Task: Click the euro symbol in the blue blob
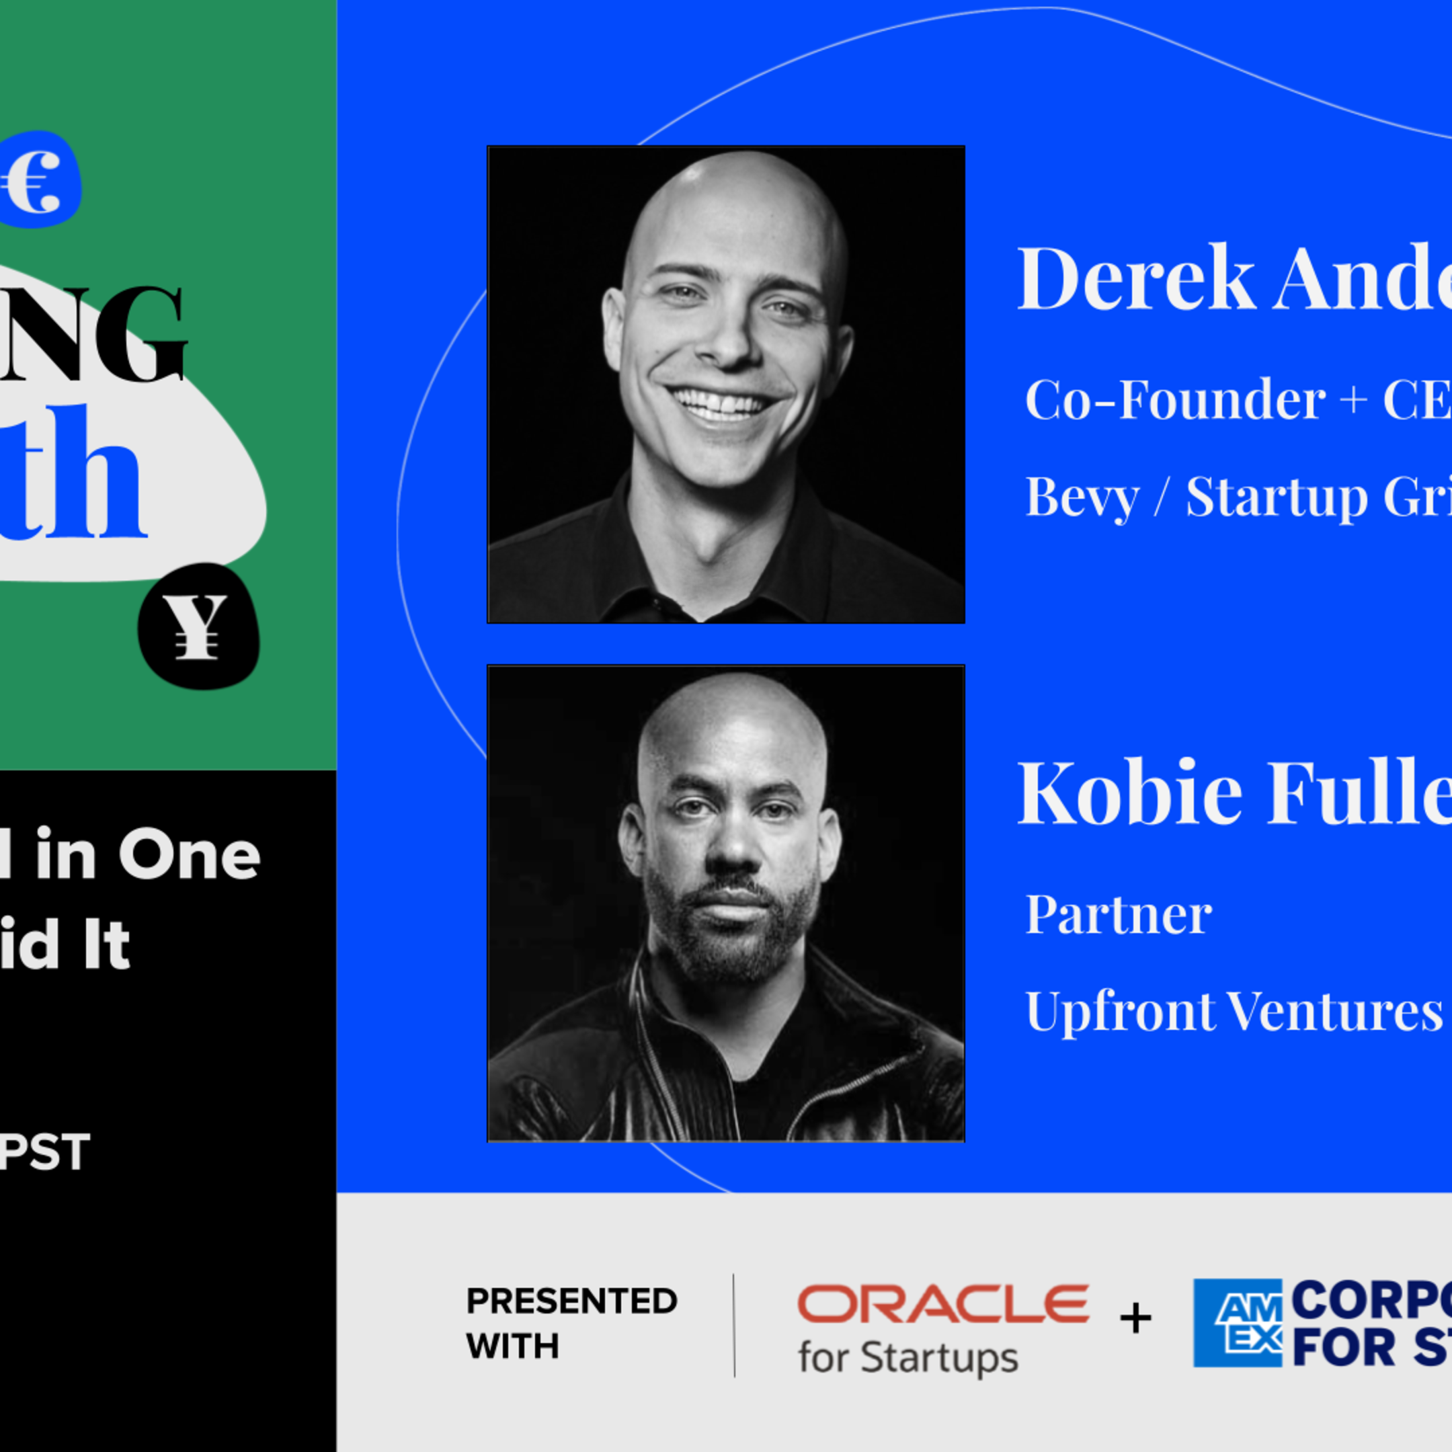click(x=33, y=180)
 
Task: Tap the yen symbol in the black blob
click(x=196, y=627)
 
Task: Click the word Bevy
click(x=1082, y=497)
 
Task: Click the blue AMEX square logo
click(x=1238, y=1323)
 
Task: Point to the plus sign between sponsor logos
click(x=1135, y=1318)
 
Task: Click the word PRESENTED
click(x=571, y=1301)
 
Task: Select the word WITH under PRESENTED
click(x=512, y=1346)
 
